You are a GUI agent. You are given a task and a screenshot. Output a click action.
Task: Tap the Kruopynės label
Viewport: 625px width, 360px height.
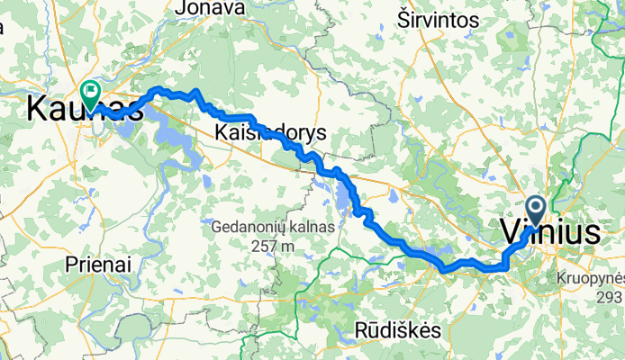[x=590, y=277]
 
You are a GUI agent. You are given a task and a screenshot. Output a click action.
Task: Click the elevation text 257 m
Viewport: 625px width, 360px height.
[x=274, y=246]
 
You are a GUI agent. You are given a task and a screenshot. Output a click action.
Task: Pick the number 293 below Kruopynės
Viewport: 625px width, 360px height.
[x=610, y=296]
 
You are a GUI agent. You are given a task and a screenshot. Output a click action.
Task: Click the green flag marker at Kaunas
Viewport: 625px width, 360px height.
[x=91, y=91]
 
